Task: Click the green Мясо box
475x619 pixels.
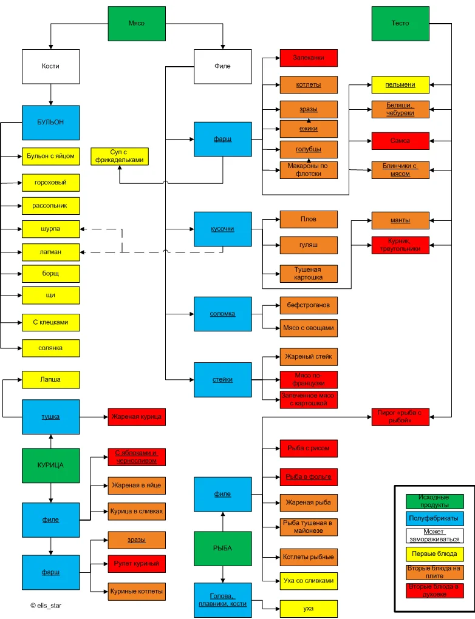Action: pos(137,23)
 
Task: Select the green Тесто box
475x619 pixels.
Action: pos(400,23)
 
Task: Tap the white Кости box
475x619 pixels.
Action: pos(51,66)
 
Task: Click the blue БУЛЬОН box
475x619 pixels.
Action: pos(51,123)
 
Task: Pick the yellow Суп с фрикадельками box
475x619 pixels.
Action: pos(120,156)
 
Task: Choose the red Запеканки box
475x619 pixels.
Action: pos(309,58)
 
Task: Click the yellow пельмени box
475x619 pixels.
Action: pos(400,84)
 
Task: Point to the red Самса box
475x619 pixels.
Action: pos(400,141)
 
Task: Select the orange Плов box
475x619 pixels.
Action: pos(309,219)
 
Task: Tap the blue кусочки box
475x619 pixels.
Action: pos(222,229)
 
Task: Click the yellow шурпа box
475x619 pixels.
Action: pos(51,229)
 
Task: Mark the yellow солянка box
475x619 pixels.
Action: pos(51,348)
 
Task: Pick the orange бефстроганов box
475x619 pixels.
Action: pos(309,305)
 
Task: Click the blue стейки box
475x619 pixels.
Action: pos(222,380)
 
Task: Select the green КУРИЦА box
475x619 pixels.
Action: pos(51,465)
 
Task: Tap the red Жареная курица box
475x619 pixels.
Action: pos(137,417)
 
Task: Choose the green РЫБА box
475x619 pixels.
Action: pos(222,548)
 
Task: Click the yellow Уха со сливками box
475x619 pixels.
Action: pos(309,581)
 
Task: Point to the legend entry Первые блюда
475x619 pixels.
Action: pos(434,554)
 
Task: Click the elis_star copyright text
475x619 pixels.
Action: pos(46,605)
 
